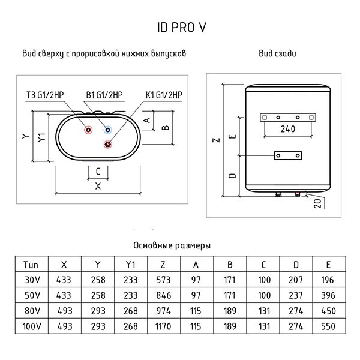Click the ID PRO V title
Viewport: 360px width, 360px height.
coord(182,28)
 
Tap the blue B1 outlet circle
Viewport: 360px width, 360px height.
coord(107,130)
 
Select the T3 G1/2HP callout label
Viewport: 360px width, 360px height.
coord(45,95)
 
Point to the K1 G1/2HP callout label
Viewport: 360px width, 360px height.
coord(164,95)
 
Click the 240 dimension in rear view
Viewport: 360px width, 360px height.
coord(287,129)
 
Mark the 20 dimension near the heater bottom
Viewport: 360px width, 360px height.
coord(317,203)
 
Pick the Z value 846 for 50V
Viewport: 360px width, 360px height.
coord(163,295)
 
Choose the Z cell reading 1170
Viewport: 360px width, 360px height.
coord(163,326)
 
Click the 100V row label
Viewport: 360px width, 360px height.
coord(32,326)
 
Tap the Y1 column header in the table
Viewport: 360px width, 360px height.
coord(130,265)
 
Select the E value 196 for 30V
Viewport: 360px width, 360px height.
coord(328,280)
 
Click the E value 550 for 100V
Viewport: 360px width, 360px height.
coord(328,326)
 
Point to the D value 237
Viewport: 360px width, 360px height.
coord(296,295)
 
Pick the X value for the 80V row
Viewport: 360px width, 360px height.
coord(65,311)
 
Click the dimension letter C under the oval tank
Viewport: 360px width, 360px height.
coord(98,172)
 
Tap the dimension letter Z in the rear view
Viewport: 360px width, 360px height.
coord(217,140)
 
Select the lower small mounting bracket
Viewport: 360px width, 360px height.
coord(288,155)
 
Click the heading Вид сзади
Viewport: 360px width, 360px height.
coord(277,53)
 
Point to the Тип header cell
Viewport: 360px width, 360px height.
coord(31,265)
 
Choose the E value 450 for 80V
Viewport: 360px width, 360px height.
coord(328,311)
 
